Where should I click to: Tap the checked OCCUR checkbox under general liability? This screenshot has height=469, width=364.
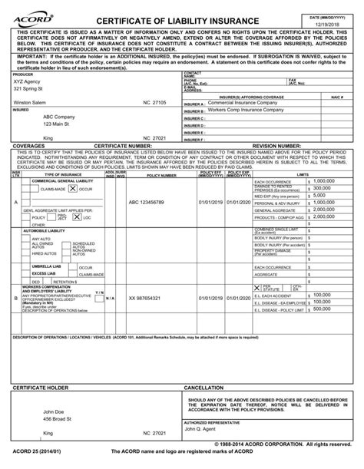click(72, 188)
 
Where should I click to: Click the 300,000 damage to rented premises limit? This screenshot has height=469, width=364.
click(325, 187)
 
